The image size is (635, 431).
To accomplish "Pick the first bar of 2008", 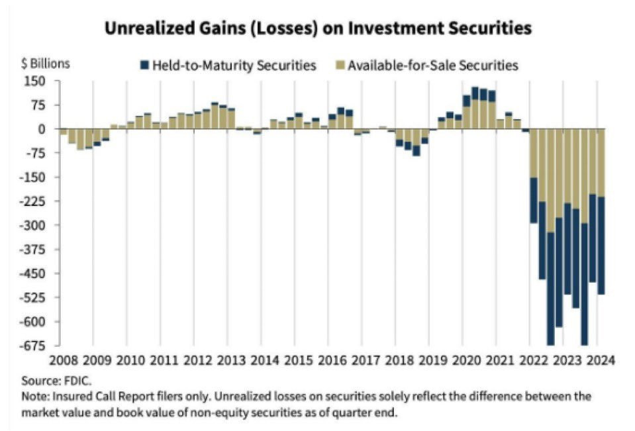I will point(64,132).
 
